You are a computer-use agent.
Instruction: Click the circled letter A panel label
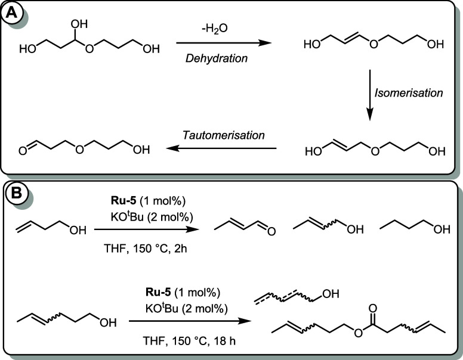pos(13,11)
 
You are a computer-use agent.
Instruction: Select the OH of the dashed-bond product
pos(332,294)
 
